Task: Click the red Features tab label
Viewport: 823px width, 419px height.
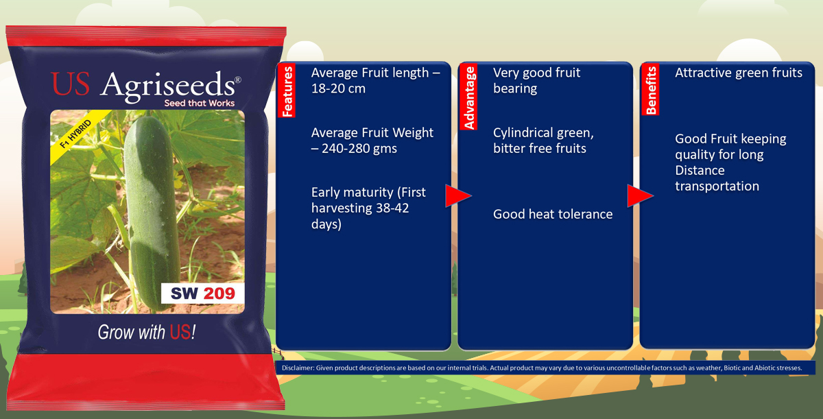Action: pos(287,91)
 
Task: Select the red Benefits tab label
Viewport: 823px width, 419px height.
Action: pos(651,90)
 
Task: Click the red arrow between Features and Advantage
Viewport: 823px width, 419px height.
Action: pos(457,196)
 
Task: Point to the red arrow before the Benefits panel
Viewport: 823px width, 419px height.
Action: pos(639,196)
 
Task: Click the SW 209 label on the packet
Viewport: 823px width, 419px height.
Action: pos(202,294)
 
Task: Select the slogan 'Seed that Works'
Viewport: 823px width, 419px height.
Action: pos(199,104)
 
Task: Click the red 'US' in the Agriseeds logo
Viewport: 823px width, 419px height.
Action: pos(70,84)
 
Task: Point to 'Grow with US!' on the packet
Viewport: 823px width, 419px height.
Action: pos(147,333)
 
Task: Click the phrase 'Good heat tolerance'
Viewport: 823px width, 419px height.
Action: pos(553,214)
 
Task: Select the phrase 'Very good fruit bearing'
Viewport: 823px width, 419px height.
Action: pos(536,80)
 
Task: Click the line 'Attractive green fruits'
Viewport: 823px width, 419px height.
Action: pos(738,73)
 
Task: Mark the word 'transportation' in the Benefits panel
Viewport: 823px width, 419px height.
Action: pos(717,186)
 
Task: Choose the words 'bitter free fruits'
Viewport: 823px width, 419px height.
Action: pos(539,148)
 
